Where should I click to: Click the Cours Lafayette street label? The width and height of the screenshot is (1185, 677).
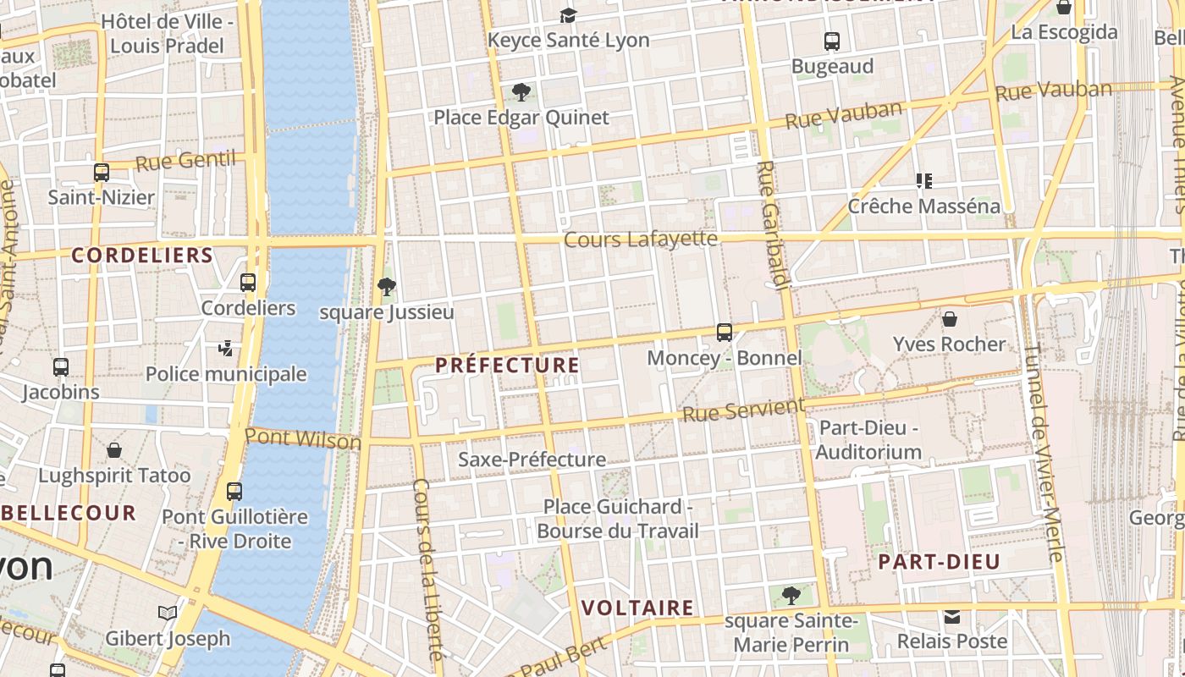click(x=640, y=239)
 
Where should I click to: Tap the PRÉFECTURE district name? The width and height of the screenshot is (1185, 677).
click(x=507, y=366)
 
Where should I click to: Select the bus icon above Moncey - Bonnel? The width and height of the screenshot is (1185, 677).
click(x=725, y=333)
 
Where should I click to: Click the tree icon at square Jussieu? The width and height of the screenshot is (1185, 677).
click(x=387, y=287)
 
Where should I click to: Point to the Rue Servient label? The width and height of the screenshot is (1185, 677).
click(x=743, y=410)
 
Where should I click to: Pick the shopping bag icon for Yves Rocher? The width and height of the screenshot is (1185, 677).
click(x=950, y=319)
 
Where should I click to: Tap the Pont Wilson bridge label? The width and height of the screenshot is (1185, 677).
click(x=302, y=438)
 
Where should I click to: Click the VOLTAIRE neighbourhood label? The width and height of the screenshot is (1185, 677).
click(x=638, y=608)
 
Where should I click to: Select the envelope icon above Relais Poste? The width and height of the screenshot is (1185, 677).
click(x=952, y=617)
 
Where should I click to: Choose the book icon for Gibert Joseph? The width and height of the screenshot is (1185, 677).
click(x=168, y=613)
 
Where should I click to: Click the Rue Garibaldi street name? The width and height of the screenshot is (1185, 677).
click(x=773, y=224)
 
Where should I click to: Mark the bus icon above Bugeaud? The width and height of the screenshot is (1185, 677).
click(x=832, y=41)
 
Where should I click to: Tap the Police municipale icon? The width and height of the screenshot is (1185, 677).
click(x=225, y=348)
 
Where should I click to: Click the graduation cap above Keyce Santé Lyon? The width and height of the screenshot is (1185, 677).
click(x=568, y=15)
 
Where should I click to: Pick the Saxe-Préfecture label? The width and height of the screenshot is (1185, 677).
click(x=532, y=460)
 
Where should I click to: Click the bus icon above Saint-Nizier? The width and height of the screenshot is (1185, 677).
click(x=102, y=173)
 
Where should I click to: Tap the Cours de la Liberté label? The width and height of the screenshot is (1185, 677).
click(x=427, y=569)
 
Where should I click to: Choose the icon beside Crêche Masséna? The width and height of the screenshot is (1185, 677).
click(x=923, y=180)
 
